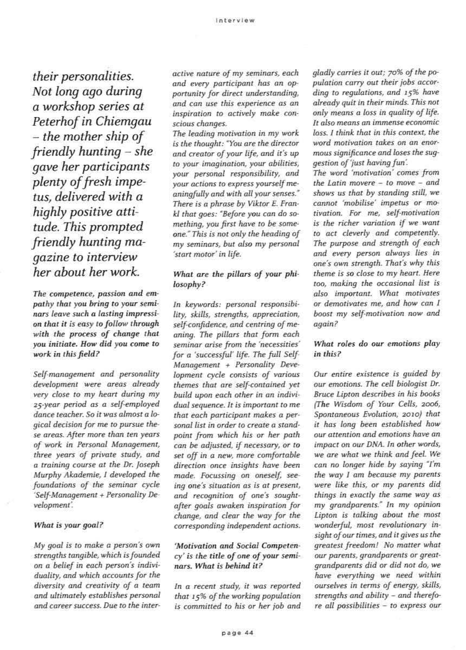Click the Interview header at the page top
(x=234, y=21)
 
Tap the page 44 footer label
(x=234, y=630)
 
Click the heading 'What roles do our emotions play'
(x=377, y=344)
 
